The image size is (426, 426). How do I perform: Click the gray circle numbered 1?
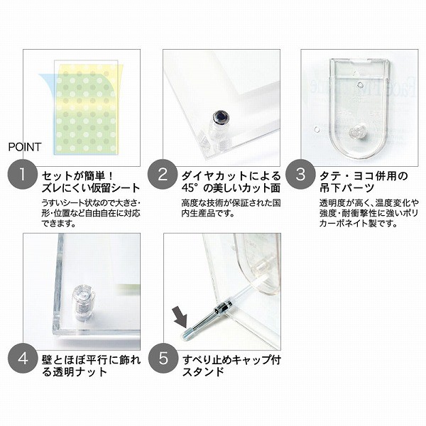tap(22, 174)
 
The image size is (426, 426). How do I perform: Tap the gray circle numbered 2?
tap(163, 174)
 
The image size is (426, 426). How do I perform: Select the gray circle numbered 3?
tap(300, 174)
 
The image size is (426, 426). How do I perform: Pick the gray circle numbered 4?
tap(22, 359)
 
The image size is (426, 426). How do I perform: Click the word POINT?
tap(25, 147)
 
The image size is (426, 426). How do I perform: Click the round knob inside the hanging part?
tap(357, 133)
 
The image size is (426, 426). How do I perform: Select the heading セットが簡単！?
tap(77, 176)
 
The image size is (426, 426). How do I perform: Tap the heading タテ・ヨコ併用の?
tap(364, 176)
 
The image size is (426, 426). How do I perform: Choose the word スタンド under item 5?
tap(203, 371)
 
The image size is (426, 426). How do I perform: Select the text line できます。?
tap(59, 224)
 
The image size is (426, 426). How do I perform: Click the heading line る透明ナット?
tap(75, 371)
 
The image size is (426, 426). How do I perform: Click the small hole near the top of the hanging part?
tap(360, 85)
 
